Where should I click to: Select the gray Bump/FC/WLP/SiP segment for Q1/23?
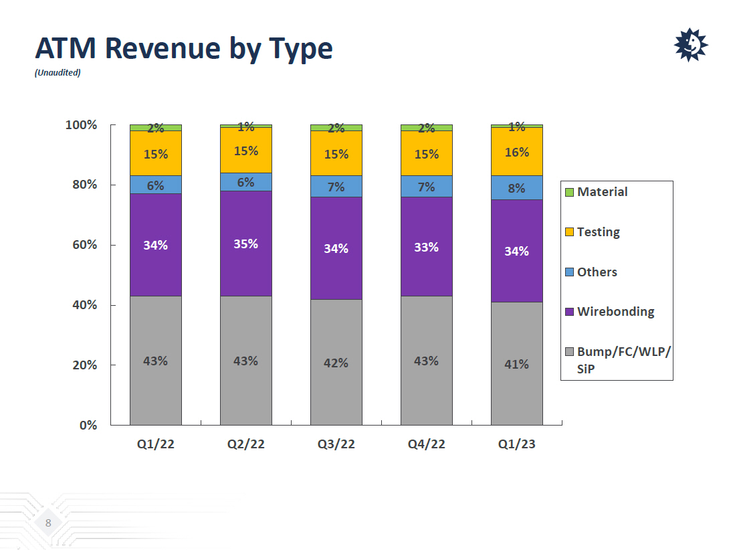click(x=516, y=388)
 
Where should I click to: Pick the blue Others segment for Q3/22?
click(x=336, y=187)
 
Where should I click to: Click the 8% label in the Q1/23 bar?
click(x=516, y=189)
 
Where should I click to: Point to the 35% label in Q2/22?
click(x=245, y=244)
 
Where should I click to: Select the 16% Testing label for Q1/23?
click(x=516, y=153)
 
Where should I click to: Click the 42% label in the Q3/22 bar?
click(x=336, y=363)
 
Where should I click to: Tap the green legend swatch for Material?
click(x=569, y=193)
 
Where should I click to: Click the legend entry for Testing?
click(x=598, y=232)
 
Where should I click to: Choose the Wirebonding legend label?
click(x=615, y=312)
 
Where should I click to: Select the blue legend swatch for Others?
click(x=569, y=272)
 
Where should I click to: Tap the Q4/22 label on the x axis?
click(x=426, y=444)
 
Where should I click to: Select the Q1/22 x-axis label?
click(x=155, y=444)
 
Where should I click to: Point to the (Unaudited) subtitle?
click(x=58, y=73)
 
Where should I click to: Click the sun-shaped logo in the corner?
click(x=690, y=45)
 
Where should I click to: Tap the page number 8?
click(x=48, y=523)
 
